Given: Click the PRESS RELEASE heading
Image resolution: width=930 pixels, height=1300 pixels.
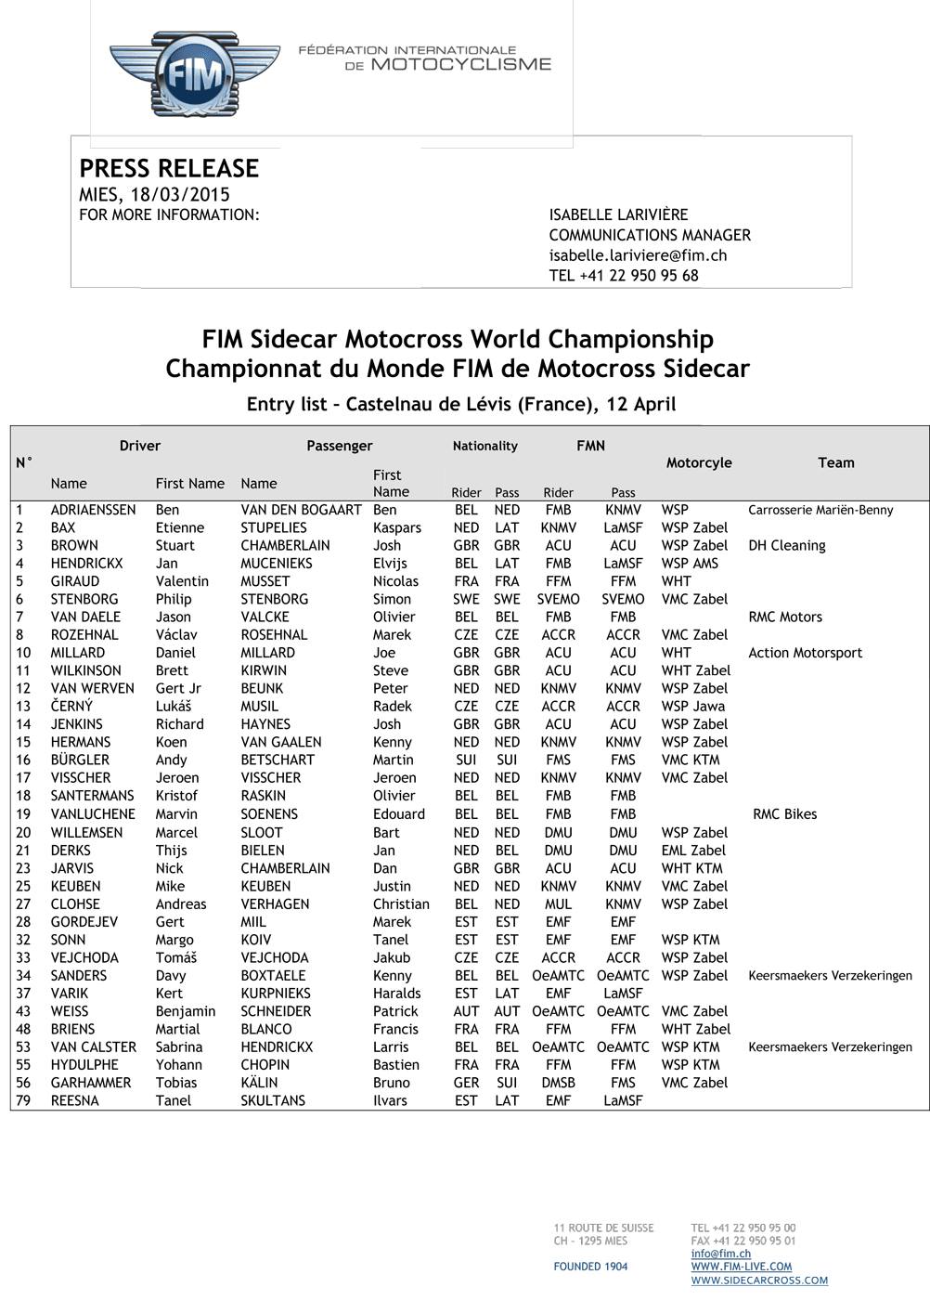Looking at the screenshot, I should (x=169, y=168).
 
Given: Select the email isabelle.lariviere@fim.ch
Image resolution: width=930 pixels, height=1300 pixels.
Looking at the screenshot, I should (x=638, y=255).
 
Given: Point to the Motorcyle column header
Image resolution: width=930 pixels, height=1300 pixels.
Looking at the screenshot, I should (x=698, y=462).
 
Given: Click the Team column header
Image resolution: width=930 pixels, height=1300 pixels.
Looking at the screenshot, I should (x=835, y=462).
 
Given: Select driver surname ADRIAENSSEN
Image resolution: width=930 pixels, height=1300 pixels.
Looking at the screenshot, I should (x=93, y=510).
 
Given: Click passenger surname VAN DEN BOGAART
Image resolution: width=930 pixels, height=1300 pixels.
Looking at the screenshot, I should (x=301, y=510).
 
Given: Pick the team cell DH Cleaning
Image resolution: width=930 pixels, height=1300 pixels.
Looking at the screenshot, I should (x=786, y=546).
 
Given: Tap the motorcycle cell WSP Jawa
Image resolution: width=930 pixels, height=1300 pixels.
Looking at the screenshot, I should (x=692, y=707).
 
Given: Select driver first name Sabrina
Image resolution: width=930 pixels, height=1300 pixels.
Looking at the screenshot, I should (x=178, y=1047).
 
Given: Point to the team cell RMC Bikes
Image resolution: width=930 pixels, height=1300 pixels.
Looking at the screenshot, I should (x=784, y=814).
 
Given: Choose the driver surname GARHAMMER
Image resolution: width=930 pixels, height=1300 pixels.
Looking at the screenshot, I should (x=91, y=1083).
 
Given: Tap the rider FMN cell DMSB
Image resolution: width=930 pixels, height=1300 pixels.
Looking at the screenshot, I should (x=558, y=1083).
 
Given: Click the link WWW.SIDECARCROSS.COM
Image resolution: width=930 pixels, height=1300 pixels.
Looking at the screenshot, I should (x=758, y=1280).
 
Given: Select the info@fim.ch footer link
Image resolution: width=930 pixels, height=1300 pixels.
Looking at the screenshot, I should (x=720, y=1254).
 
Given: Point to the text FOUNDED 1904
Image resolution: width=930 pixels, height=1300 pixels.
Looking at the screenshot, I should (x=590, y=1267).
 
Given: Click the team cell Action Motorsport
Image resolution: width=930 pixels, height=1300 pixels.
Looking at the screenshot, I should (x=805, y=653).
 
